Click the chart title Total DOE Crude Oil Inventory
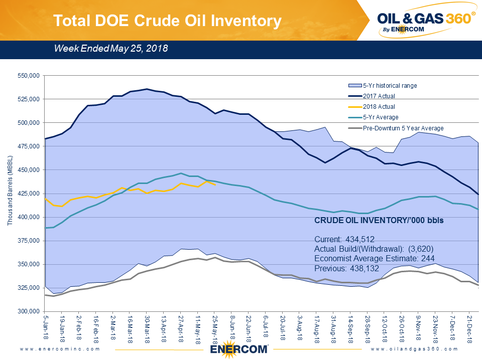(167, 21)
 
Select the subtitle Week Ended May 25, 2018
(111, 49)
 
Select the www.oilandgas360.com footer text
(415, 348)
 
